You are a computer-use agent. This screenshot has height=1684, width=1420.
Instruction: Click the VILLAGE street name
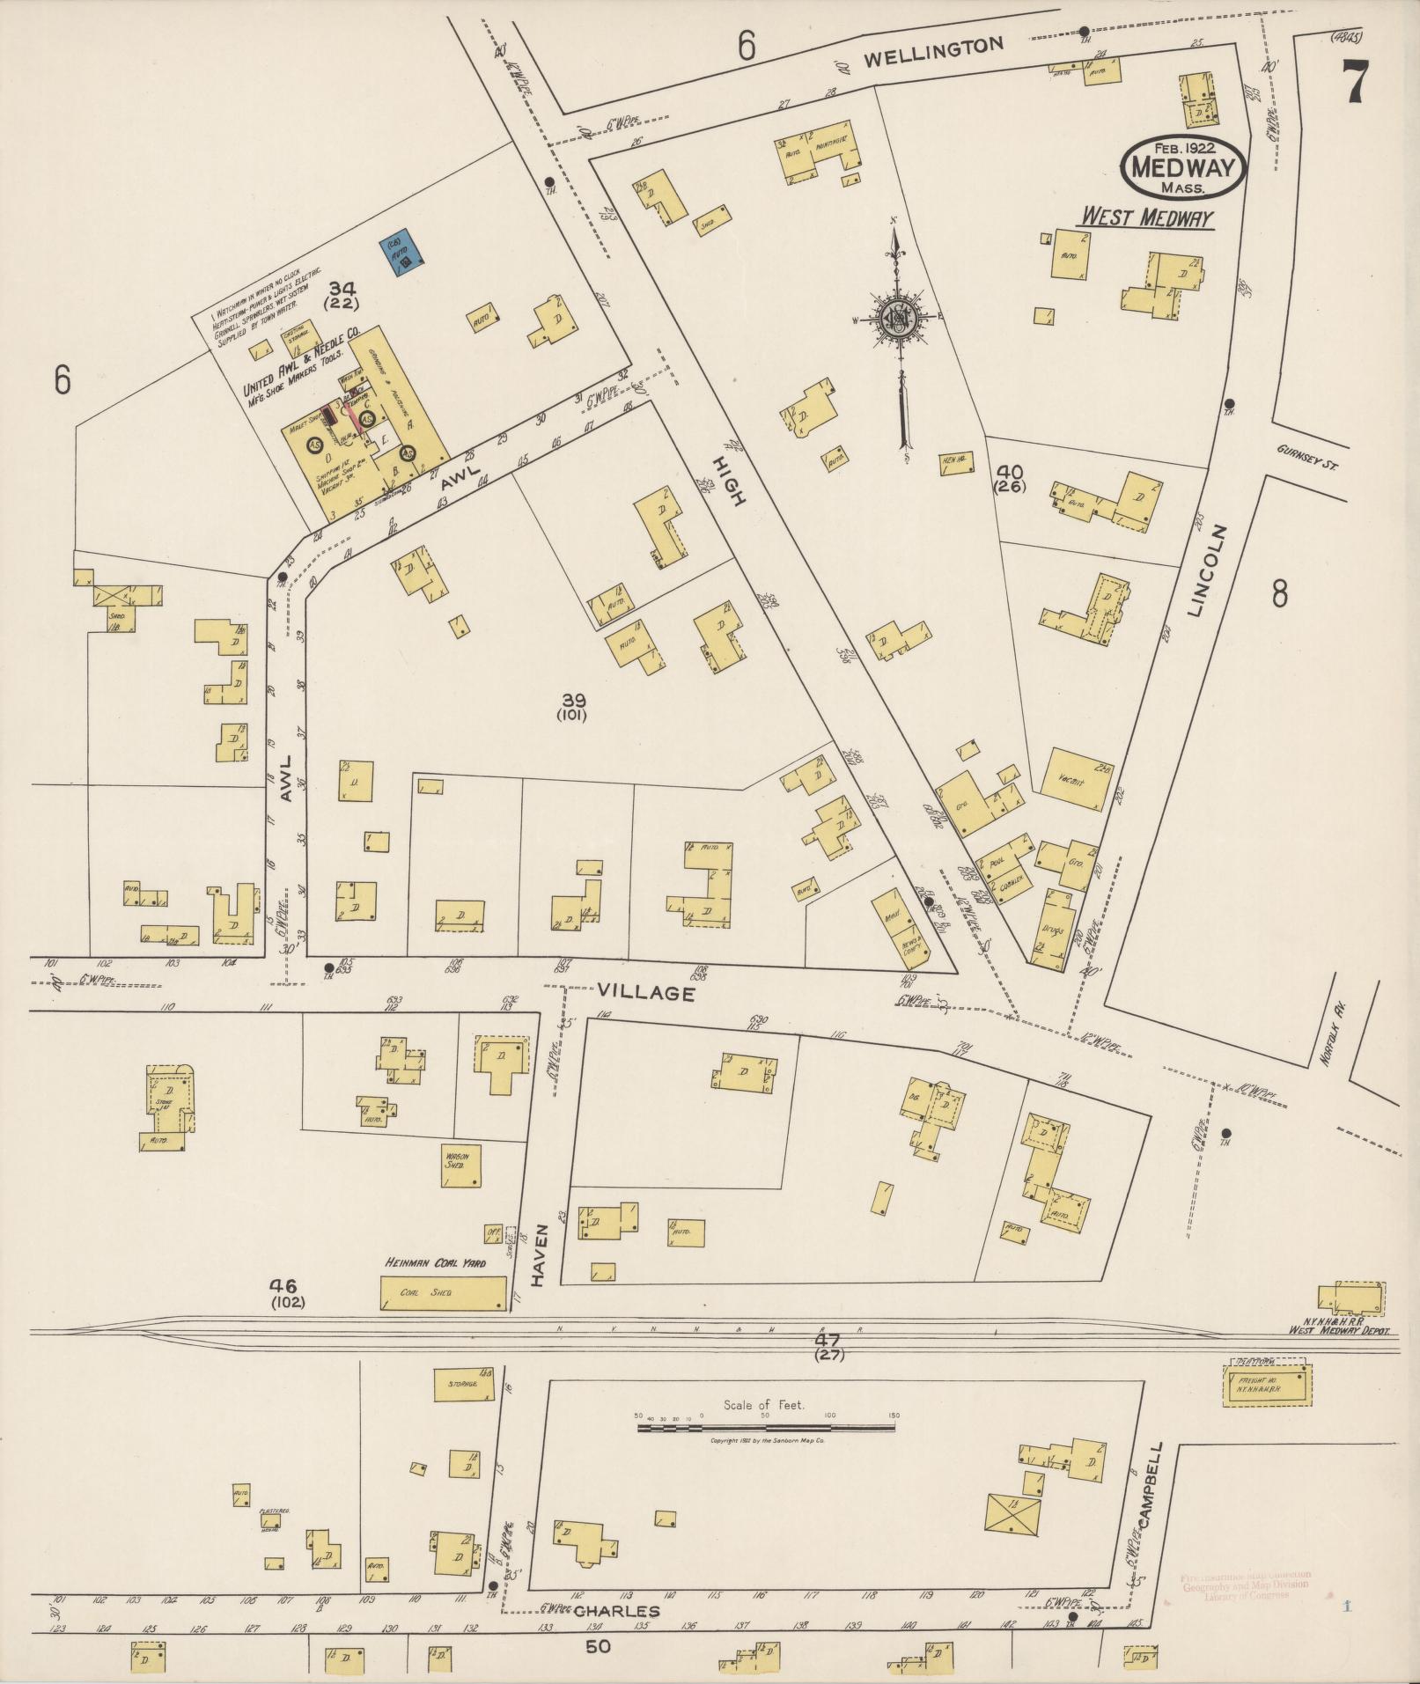[x=646, y=993]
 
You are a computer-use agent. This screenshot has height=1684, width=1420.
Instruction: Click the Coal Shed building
[x=444, y=1293]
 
